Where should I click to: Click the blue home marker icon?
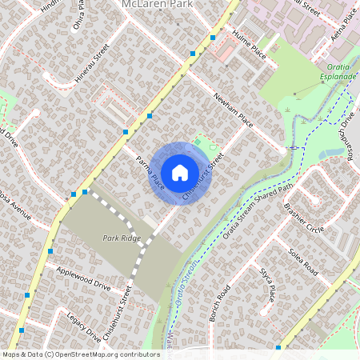pyautogui.click(x=180, y=173)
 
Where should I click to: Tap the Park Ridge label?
pyautogui.click(x=122, y=238)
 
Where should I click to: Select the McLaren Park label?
pyautogui.click(x=157, y=5)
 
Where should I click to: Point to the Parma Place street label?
pyautogui.click(x=150, y=173)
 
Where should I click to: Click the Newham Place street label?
pyautogui.click(x=233, y=110)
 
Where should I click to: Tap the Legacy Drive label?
pyautogui.click(x=84, y=326)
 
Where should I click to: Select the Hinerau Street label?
pyautogui.click(x=91, y=63)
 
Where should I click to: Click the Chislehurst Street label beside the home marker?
pyautogui.click(x=201, y=177)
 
